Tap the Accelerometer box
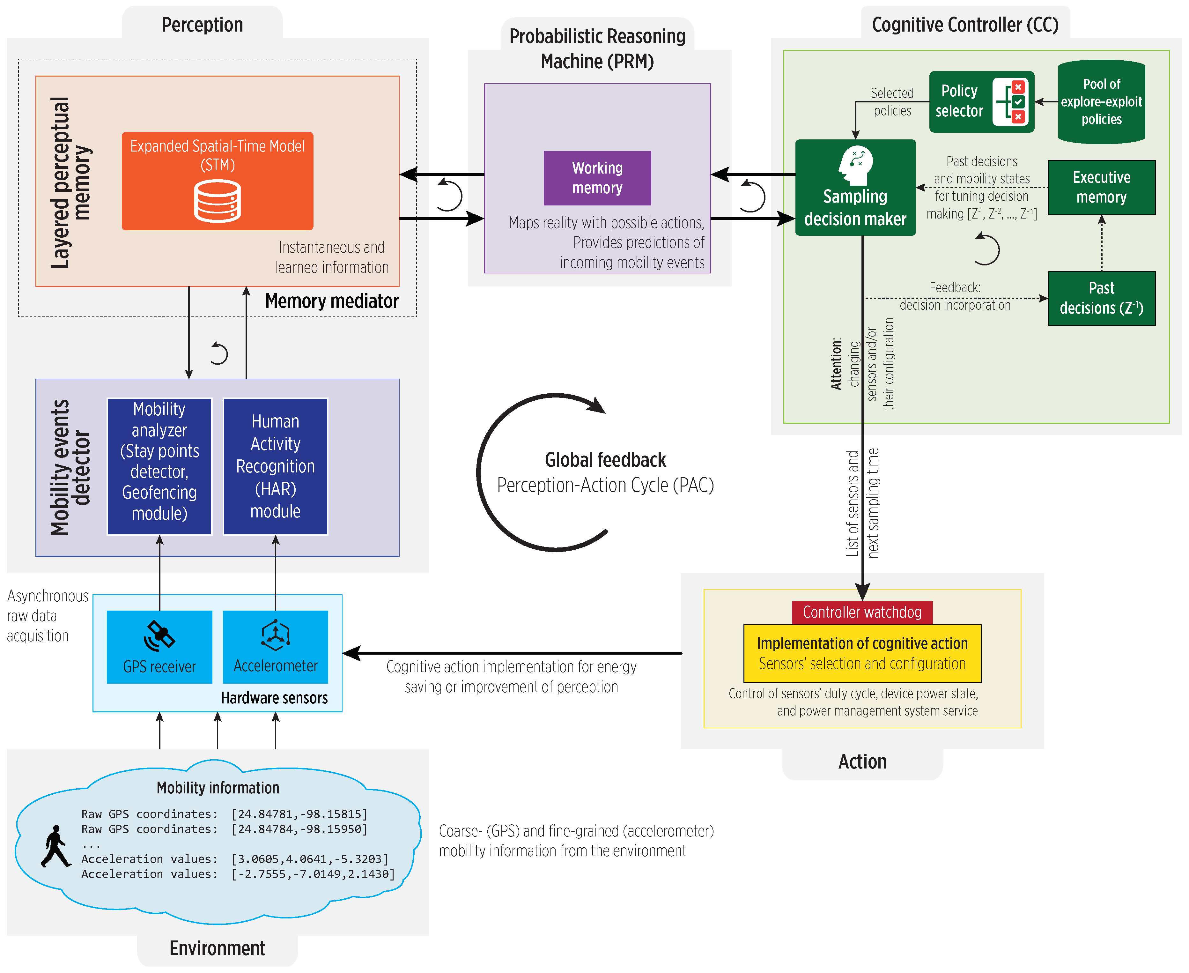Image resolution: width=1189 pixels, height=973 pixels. coord(275,646)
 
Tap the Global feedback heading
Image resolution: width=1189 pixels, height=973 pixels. coord(605,460)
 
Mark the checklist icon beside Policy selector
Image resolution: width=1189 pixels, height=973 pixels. coord(1010,101)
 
